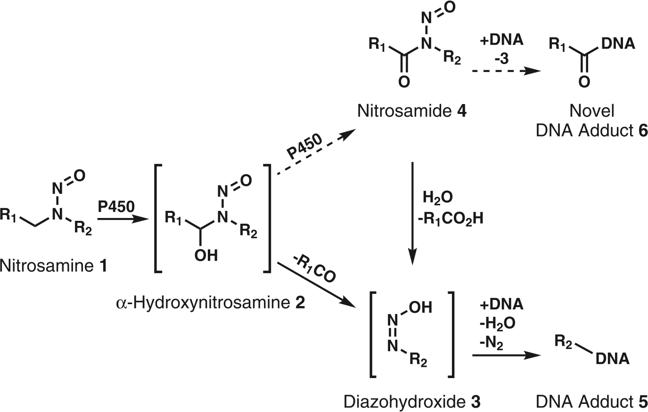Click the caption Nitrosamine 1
coord(53,266)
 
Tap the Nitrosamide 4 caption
coord(411,111)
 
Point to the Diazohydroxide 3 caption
coord(412,402)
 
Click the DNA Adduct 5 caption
coord(591,402)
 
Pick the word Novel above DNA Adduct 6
coord(592,111)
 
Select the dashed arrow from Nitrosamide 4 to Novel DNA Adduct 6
coord(507,71)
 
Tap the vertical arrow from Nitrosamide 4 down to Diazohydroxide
coord(412,213)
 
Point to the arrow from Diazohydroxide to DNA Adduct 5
coord(507,355)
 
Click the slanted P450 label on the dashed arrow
coord(304,146)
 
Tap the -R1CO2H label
coord(451,219)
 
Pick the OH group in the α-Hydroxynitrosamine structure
coord(206,256)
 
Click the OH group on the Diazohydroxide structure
coord(420,307)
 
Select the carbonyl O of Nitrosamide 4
coord(404,82)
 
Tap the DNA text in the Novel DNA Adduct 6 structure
coord(618,44)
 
